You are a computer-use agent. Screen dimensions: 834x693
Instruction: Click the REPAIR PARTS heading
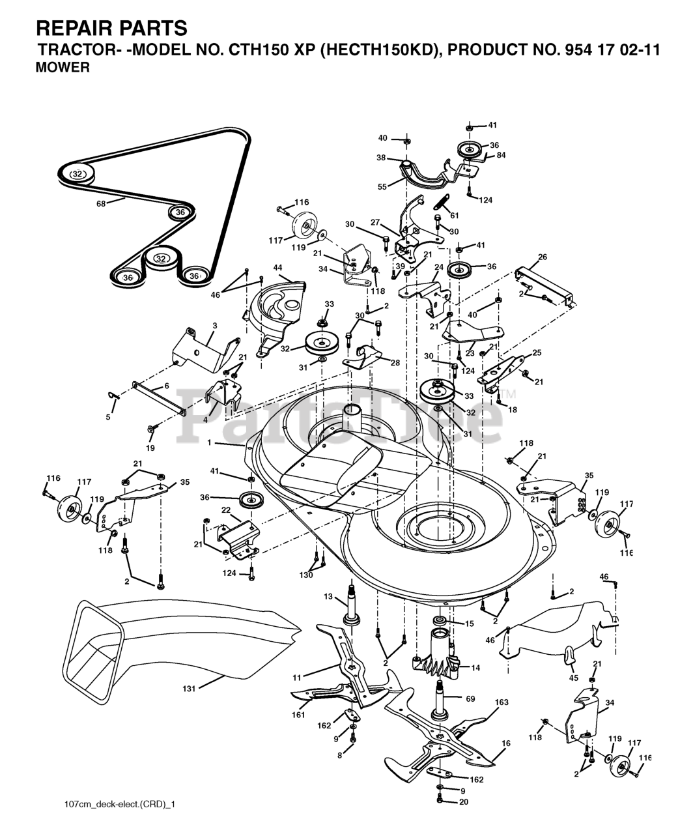(111, 28)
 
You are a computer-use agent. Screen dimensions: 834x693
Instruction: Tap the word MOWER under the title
(63, 67)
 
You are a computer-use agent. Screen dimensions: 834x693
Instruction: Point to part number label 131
(188, 686)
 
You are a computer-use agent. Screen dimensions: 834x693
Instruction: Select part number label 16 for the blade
(506, 743)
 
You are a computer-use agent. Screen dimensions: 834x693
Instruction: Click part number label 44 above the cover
(277, 268)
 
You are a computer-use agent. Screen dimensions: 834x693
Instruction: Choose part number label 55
(382, 186)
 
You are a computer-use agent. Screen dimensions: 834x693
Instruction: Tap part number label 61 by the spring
(454, 216)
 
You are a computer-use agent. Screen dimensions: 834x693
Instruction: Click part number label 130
(305, 575)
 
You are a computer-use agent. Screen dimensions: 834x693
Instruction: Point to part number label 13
(328, 596)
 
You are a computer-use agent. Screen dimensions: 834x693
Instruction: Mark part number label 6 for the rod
(166, 386)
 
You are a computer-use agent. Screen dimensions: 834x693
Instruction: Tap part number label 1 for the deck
(210, 443)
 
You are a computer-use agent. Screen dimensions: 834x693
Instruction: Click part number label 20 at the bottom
(464, 802)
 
